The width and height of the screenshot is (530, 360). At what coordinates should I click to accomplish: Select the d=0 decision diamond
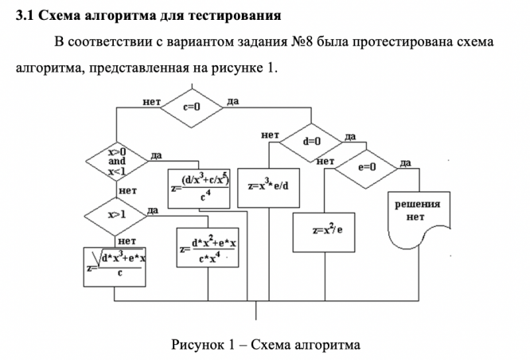click(311, 141)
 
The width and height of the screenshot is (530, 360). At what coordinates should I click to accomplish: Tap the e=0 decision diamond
click(366, 168)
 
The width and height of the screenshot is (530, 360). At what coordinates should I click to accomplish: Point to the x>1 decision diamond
click(117, 215)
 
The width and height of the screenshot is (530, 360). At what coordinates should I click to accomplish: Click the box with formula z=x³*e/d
click(268, 186)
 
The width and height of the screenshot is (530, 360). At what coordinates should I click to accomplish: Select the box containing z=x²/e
click(326, 230)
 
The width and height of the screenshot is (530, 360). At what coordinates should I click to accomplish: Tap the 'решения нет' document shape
click(416, 213)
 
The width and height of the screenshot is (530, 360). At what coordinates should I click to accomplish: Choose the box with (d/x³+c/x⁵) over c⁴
click(200, 188)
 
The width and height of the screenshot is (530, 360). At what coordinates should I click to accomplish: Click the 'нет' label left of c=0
click(152, 102)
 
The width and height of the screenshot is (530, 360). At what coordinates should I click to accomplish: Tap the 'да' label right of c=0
click(232, 101)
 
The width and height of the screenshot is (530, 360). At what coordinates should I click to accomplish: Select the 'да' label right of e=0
click(405, 162)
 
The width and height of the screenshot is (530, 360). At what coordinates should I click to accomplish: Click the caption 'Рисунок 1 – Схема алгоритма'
click(266, 345)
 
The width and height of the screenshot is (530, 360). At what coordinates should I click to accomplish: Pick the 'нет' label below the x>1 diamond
click(127, 240)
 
